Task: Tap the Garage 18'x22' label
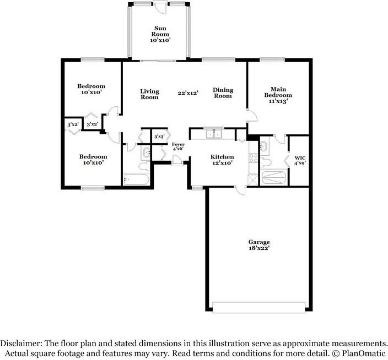pyautogui.click(x=259, y=245)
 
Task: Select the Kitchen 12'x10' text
pyautogui.click(x=222, y=160)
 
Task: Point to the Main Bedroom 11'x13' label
pyautogui.click(x=278, y=95)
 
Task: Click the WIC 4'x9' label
pyautogui.click(x=300, y=160)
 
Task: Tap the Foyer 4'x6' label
pyautogui.click(x=178, y=146)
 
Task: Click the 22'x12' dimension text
pyautogui.click(x=188, y=93)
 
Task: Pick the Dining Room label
pyautogui.click(x=223, y=93)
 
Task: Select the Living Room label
pyautogui.click(x=149, y=94)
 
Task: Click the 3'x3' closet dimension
pyautogui.click(x=159, y=137)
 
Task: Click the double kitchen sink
pyautogui.click(x=214, y=134)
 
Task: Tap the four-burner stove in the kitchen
pyautogui.click(x=254, y=158)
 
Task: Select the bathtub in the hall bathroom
pyautogui.click(x=136, y=179)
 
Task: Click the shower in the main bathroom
pyautogui.click(x=273, y=177)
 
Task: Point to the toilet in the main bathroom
pyautogui.click(x=265, y=162)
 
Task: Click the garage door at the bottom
pyautogui.click(x=259, y=307)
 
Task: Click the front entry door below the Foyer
pyautogui.click(x=177, y=160)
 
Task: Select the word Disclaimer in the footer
pyautogui.click(x=21, y=343)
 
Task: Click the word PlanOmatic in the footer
pyautogui.click(x=364, y=353)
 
